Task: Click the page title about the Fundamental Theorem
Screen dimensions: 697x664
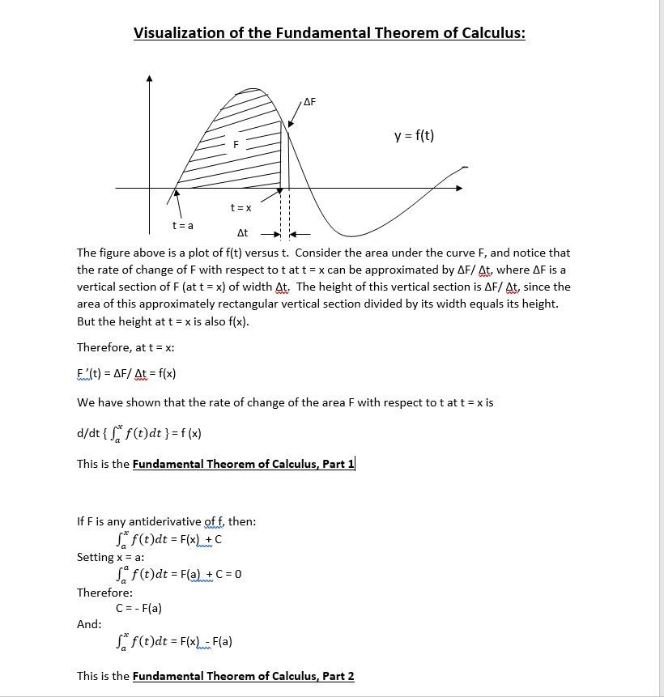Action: coord(329,33)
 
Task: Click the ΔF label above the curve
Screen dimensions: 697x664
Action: coord(309,102)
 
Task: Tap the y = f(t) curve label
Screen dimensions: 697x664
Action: coord(414,135)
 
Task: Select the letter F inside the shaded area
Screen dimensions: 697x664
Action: coord(236,145)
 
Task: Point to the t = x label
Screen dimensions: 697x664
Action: coord(240,208)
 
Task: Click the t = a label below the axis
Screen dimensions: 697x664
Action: coord(182,224)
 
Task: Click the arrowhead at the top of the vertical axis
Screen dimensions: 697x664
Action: coord(149,79)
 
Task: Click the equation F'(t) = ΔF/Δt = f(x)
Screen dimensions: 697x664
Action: coord(126,373)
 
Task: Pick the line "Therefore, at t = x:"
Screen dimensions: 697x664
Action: coord(126,347)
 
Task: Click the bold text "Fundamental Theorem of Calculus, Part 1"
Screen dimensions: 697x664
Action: coord(243,465)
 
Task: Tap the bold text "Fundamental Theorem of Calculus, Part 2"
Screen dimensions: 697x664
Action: coord(243,676)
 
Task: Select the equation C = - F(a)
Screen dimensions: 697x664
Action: coord(139,608)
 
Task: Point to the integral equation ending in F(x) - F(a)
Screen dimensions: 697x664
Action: coord(175,642)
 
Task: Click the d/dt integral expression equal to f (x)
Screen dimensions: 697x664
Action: coord(139,433)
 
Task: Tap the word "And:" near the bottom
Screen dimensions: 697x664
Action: coord(89,624)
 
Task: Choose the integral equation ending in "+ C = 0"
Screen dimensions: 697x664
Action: coord(180,575)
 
